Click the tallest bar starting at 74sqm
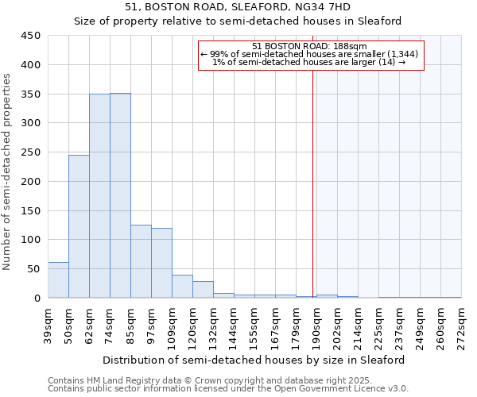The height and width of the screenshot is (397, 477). [120, 195]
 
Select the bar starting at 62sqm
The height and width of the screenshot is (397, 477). [99, 196]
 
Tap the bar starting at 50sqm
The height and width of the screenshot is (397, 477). [79, 226]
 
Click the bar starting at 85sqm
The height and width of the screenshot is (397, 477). [141, 261]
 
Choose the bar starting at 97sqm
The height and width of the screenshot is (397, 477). [161, 263]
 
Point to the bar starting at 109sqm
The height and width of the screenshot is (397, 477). [182, 287]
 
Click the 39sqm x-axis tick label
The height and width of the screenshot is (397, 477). [48, 324]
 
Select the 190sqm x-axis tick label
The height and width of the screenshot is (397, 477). [316, 326]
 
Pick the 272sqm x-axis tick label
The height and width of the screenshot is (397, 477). [461, 326]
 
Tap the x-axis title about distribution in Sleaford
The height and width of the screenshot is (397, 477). [254, 360]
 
